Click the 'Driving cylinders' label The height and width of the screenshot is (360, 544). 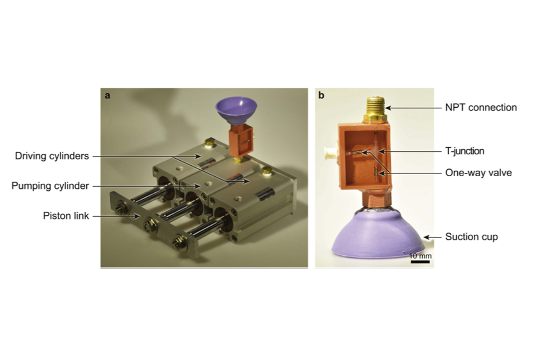pos(52,156)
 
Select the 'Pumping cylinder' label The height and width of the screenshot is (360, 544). pos(50,186)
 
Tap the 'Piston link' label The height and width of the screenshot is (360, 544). pos(66,216)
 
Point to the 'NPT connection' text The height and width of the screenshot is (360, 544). pos(481,108)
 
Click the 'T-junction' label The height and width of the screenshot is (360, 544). pos(465,151)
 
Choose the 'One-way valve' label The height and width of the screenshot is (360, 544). pos(478,173)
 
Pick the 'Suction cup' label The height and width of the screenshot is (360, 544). pos(472,237)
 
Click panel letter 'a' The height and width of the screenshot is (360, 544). pos(108,96)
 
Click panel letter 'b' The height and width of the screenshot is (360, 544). pos(321,95)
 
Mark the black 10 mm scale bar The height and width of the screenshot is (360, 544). pos(420,262)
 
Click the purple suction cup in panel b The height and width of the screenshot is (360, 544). pos(378,234)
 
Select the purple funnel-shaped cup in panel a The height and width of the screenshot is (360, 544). pos(236,111)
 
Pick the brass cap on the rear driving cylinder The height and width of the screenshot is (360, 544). pos(210,143)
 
